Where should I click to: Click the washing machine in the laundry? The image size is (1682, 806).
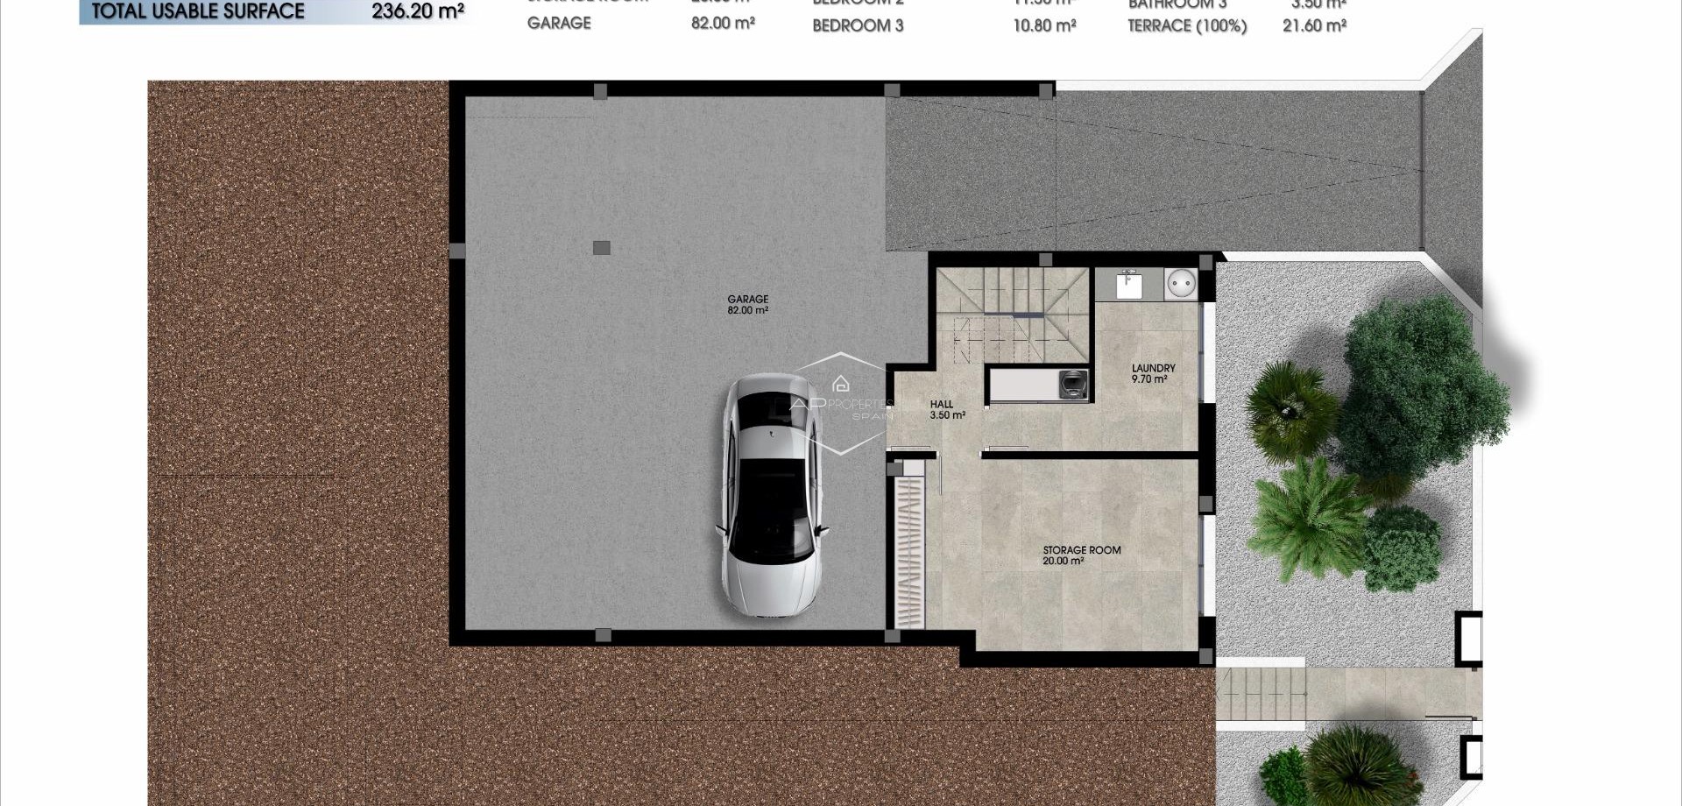click(x=1073, y=385)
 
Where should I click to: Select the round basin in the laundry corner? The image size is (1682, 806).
click(x=1182, y=284)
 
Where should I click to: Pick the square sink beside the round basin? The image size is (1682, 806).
click(x=1128, y=285)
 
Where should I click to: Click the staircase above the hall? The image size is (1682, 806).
click(x=1013, y=315)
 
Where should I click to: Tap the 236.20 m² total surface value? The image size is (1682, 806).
click(x=418, y=11)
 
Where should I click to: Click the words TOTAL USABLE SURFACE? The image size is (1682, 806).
click(x=199, y=11)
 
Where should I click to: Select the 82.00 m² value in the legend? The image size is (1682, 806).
click(x=723, y=24)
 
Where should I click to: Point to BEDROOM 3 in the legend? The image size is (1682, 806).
click(x=858, y=26)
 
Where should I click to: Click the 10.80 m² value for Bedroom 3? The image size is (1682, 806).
click(x=1044, y=26)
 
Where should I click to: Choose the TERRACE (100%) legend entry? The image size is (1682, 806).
click(x=1187, y=26)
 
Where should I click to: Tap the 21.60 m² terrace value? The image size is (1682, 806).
click(x=1314, y=26)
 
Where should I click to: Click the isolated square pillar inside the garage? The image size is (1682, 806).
click(x=601, y=248)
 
